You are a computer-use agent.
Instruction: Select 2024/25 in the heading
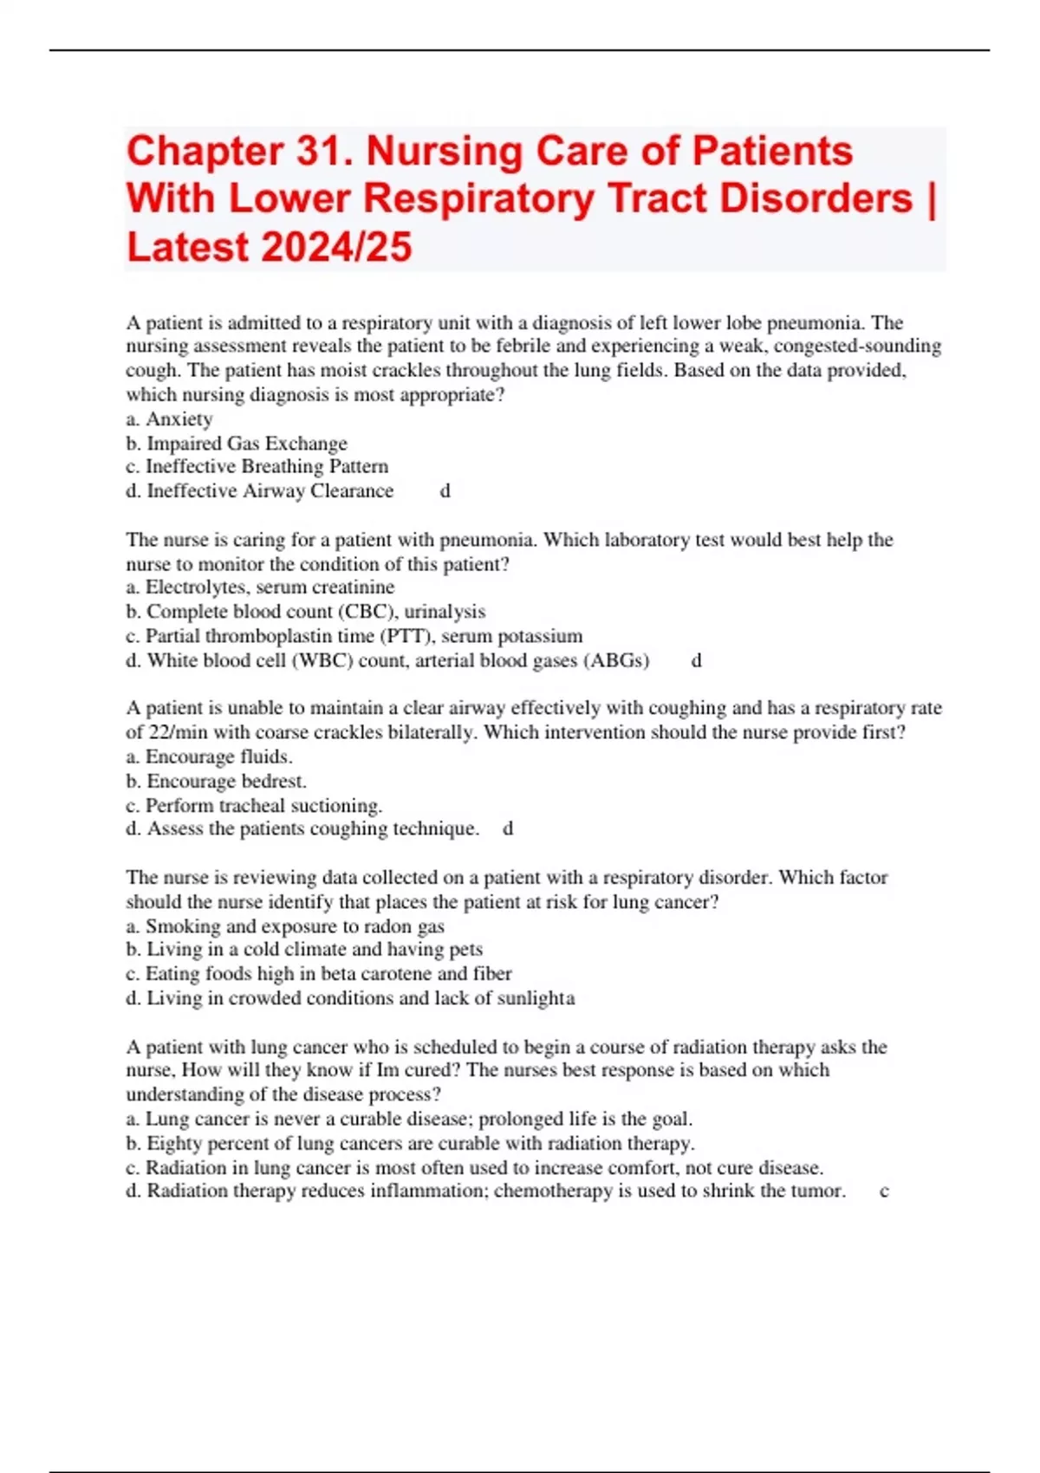[335, 248]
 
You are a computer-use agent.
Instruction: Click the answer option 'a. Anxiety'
[169, 419]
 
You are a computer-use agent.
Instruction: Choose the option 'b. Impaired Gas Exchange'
[236, 444]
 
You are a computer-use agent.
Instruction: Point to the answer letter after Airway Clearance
[445, 491]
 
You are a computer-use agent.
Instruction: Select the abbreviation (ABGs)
[616, 660]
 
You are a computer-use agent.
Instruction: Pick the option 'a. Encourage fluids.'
[209, 756]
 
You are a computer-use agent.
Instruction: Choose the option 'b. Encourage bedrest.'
[216, 781]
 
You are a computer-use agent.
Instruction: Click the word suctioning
[343, 805]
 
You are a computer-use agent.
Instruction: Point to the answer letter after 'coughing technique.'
[508, 829]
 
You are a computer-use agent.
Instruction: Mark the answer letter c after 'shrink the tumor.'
[884, 1191]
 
